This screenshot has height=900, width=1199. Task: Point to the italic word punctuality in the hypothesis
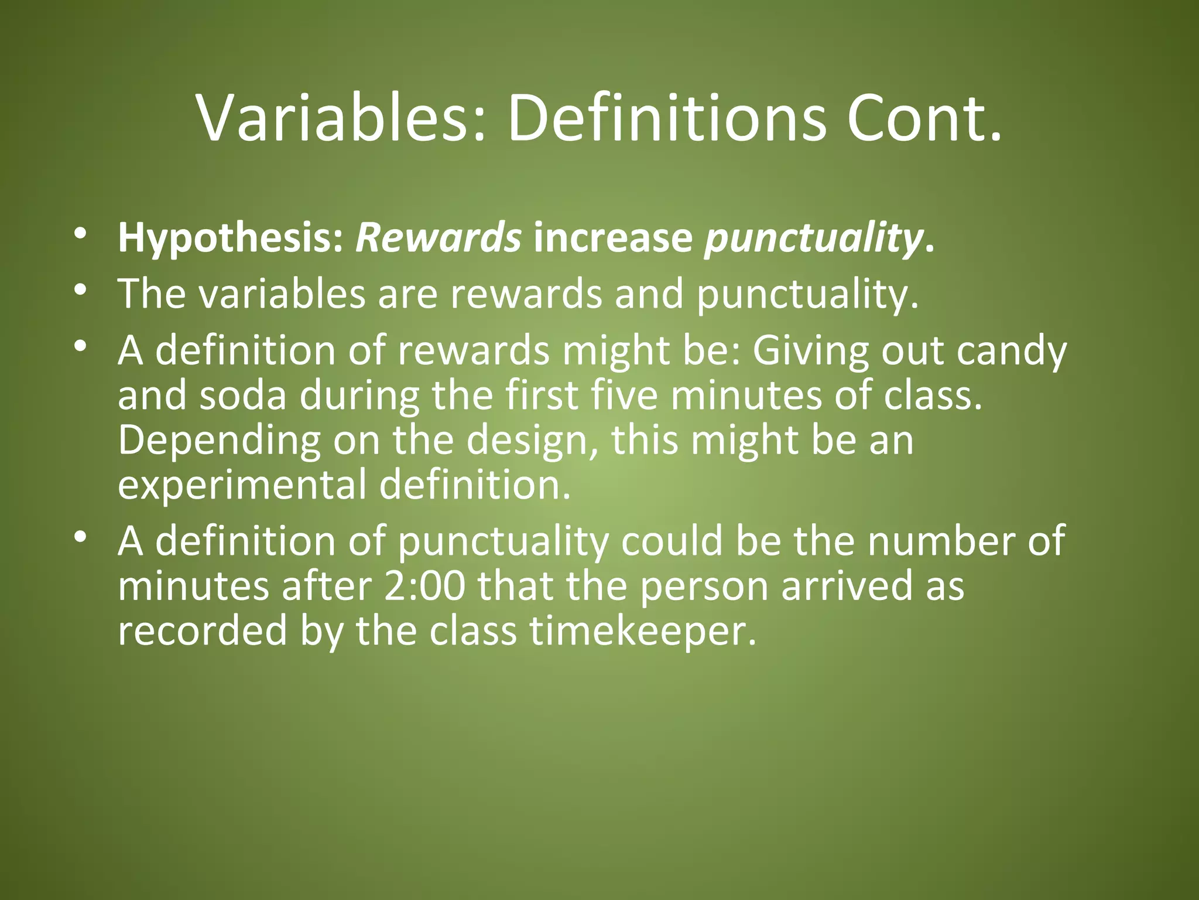click(x=813, y=238)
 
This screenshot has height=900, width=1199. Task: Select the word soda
click(x=243, y=395)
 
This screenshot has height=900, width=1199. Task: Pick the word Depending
click(x=219, y=441)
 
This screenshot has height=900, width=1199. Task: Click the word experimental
click(x=242, y=485)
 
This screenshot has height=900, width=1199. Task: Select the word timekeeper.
click(x=643, y=631)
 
